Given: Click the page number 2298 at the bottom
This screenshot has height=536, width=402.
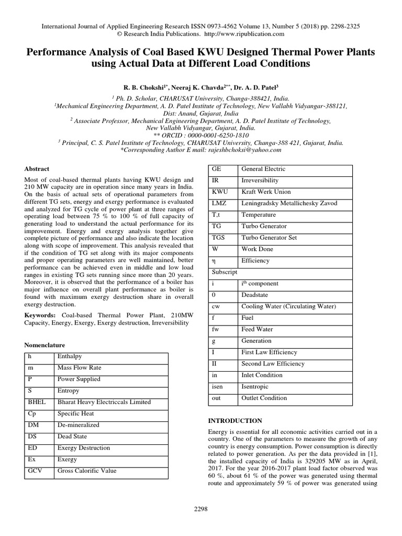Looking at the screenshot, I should coord(200,509).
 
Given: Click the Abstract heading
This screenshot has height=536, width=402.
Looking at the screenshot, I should coord(37,169).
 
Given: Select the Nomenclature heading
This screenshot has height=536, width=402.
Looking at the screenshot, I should coord(45,345).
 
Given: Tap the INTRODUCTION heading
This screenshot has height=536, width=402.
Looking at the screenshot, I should coord(235,420).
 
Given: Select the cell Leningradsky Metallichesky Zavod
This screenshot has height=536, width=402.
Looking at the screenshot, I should coord(289,203).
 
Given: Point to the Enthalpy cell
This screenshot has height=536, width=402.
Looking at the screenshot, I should coord(70,356).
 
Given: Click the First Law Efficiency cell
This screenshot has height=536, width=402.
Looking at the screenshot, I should coord(269,352).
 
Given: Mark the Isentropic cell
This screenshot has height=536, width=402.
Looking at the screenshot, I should coord(255,386).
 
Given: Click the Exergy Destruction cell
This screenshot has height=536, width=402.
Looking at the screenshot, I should coord(84,448).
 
